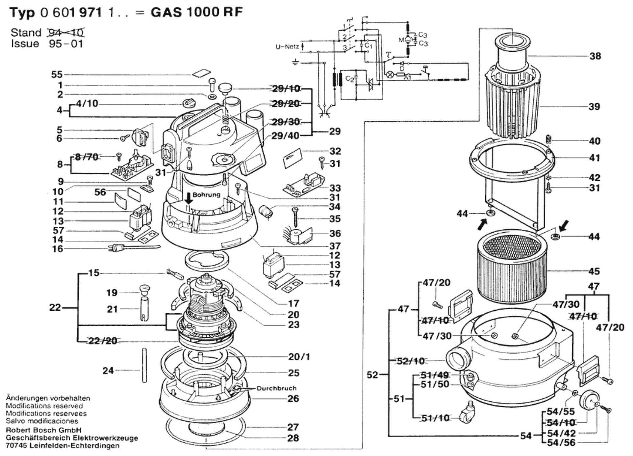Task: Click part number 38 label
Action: pos(595,56)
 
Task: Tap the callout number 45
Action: pos(594,271)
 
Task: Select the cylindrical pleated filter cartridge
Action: pos(513,267)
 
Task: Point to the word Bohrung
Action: pos(206,195)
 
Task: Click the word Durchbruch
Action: pos(276,388)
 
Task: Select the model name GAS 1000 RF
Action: pos(196,12)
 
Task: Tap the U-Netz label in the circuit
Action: pos(287,47)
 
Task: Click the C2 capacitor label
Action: pos(349,79)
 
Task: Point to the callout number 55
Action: pos(57,74)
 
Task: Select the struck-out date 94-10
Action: pos(66,33)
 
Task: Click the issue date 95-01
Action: pos(66,44)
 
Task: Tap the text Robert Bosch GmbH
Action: pos(43,430)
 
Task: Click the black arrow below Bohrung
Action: pos(189,198)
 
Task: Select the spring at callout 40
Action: pos(548,139)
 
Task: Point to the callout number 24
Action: pos(108,371)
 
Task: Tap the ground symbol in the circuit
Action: pos(295,62)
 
